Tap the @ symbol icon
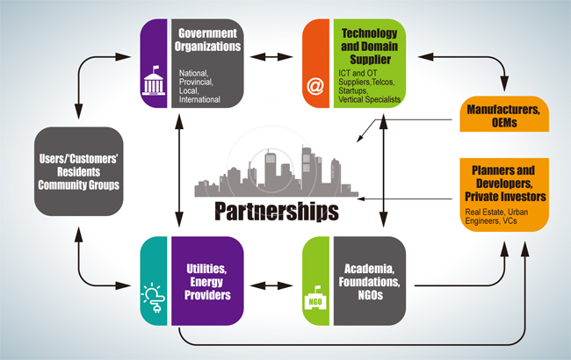pyautogui.click(x=314, y=87)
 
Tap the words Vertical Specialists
pyautogui.click(x=370, y=99)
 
